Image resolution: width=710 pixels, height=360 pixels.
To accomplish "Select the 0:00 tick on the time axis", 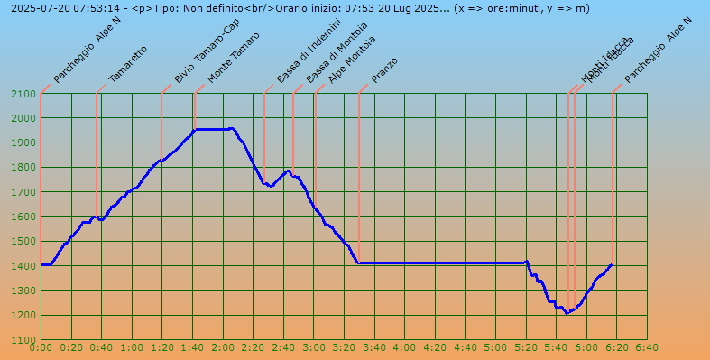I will click(x=41, y=347).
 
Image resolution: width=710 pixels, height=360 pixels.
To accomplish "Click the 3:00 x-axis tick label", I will click(x=314, y=347).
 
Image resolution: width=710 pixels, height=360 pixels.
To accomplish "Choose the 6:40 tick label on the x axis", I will click(x=647, y=347).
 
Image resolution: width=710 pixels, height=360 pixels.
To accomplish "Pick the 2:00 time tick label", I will click(x=223, y=347).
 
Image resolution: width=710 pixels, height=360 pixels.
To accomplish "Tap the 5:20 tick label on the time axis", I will click(x=526, y=347).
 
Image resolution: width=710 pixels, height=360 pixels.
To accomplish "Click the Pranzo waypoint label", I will click(x=384, y=69).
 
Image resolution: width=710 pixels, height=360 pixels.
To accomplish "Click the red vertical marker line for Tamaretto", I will click(x=97, y=153).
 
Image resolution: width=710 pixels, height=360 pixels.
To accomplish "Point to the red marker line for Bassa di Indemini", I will click(x=264, y=135).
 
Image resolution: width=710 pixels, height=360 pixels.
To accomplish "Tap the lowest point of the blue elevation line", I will click(x=567, y=313).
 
